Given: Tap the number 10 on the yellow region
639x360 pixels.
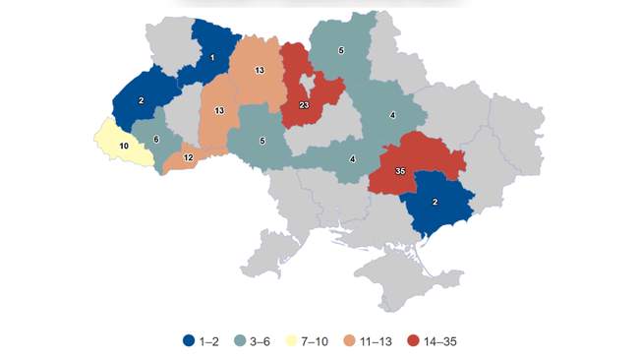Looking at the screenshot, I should (x=124, y=146).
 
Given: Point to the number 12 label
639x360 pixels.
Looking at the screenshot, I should (x=187, y=157).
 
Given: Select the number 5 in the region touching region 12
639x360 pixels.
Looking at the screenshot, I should (x=261, y=141).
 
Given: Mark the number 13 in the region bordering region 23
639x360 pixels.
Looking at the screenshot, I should (x=258, y=71).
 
